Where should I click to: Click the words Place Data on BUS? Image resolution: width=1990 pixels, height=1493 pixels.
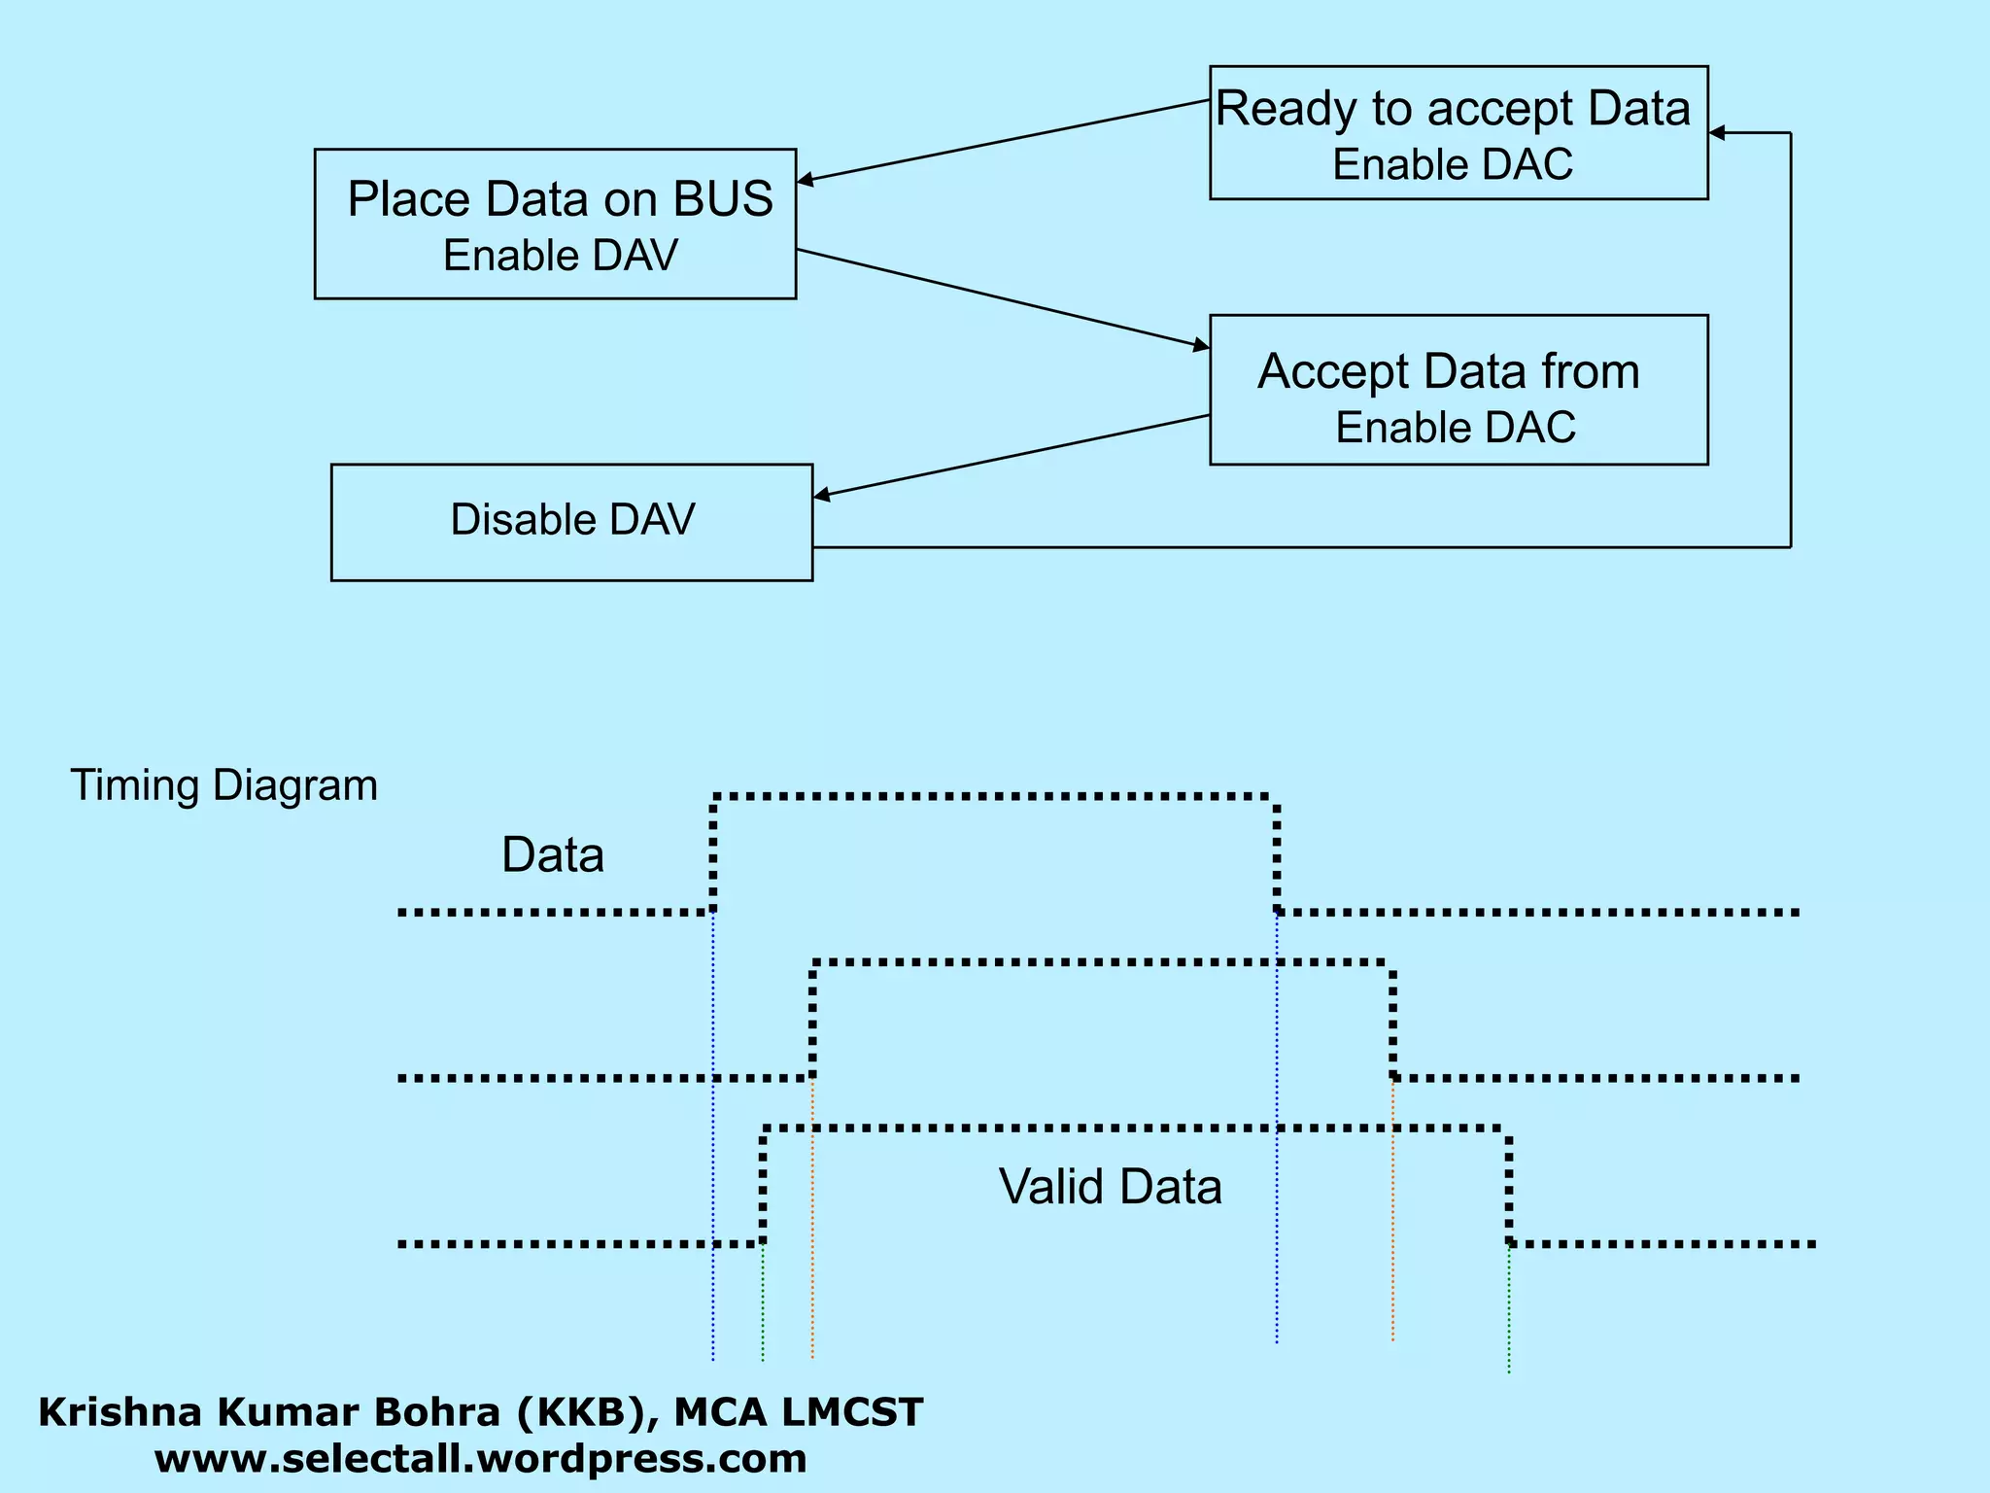click(x=560, y=199)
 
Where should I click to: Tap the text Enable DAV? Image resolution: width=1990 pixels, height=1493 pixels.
click(x=560, y=256)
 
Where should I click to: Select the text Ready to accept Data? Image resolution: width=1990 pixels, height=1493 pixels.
click(x=1453, y=109)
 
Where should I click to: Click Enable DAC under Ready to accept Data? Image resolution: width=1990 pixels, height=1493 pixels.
click(x=1453, y=164)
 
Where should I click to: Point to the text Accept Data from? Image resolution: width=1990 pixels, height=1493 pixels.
click(x=1449, y=371)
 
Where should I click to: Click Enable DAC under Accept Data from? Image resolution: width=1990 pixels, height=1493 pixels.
click(x=1455, y=428)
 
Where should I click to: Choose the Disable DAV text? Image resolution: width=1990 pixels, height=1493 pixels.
click(x=572, y=519)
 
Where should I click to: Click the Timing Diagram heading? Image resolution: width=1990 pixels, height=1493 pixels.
click(x=223, y=785)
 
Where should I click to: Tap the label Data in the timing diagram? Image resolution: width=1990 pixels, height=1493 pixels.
click(x=552, y=855)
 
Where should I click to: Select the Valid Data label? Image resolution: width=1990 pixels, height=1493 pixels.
click(x=1110, y=1187)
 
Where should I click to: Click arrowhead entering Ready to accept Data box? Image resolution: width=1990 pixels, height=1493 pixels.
click(x=1717, y=133)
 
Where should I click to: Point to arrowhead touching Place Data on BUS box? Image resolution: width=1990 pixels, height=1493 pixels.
click(x=806, y=180)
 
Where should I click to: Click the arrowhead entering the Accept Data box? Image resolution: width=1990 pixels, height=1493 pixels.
click(x=1202, y=345)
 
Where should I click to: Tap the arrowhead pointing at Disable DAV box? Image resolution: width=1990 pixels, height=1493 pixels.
click(x=822, y=496)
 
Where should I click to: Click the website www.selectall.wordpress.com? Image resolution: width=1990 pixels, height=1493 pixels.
click(x=480, y=1459)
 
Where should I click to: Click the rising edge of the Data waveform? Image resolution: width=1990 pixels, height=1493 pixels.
click(x=713, y=853)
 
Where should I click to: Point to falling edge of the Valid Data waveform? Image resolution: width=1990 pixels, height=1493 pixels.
click(x=1509, y=1186)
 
